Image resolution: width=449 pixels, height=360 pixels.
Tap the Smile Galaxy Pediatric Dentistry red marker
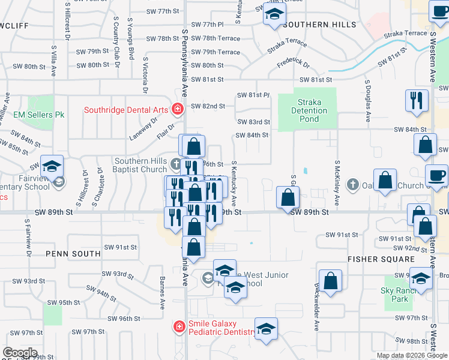[178, 326]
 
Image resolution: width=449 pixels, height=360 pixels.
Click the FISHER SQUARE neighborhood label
[381, 259]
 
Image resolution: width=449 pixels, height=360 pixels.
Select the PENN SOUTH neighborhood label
[73, 254]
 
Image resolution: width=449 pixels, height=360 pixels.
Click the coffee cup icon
[436, 176]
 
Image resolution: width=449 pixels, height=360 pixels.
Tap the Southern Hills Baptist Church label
[133, 165]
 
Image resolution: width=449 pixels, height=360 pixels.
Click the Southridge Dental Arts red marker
[178, 109]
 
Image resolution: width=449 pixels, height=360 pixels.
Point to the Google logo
[20, 353]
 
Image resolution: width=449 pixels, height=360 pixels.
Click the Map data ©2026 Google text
[412, 355]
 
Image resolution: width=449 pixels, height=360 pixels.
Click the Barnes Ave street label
[162, 292]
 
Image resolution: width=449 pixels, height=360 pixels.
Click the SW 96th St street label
[125, 319]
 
